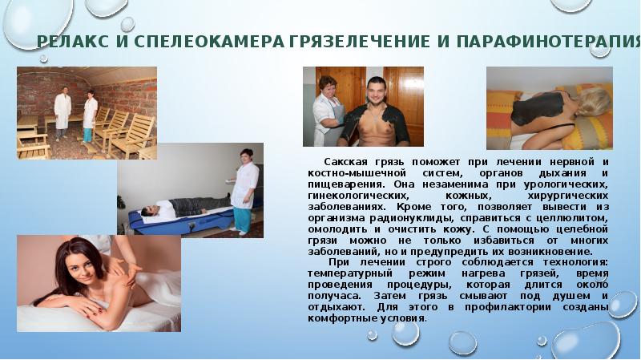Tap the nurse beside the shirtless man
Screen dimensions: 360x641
pyautogui.click(x=329, y=108)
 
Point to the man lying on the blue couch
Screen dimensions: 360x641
pyautogui.click(x=176, y=210)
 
